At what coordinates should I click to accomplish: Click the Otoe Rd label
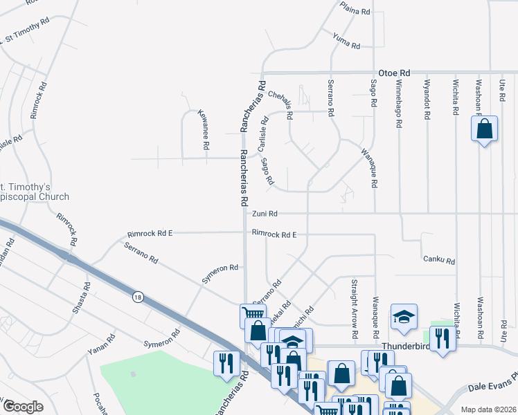[x=394, y=73]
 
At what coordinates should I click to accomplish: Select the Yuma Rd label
[x=346, y=41]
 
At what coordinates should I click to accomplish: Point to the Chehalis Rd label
[x=281, y=104]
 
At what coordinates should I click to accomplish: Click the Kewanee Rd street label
[x=203, y=129]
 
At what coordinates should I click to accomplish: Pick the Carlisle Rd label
[x=263, y=134]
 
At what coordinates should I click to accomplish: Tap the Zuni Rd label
[x=265, y=214]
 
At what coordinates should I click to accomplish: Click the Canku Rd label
[x=439, y=261]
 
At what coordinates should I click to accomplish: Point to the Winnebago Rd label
[x=399, y=104]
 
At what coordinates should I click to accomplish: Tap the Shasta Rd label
[x=81, y=297]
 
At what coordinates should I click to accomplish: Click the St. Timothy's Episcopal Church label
[x=35, y=192]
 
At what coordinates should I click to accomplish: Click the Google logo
[x=22, y=406]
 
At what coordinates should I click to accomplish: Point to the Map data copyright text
[x=488, y=409]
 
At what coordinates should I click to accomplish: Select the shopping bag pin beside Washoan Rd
[x=484, y=129]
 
